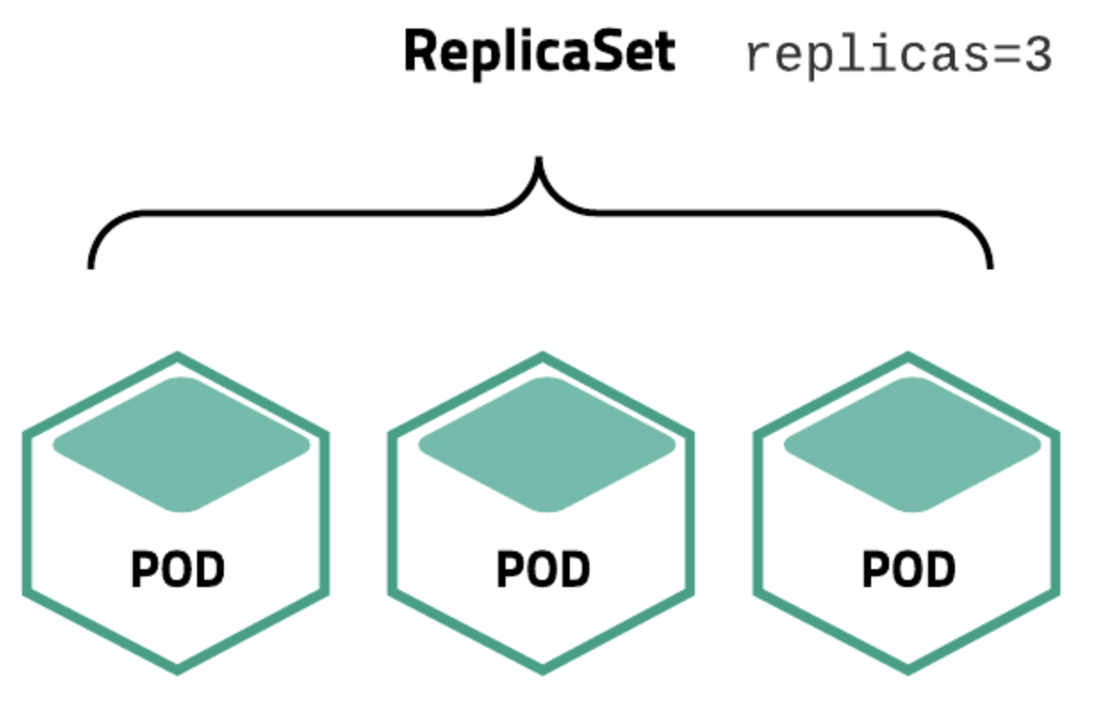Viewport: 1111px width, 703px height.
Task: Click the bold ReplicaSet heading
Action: [x=539, y=53]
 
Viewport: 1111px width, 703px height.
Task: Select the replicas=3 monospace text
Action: [x=899, y=56]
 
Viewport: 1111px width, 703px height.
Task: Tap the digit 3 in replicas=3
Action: [x=1038, y=56]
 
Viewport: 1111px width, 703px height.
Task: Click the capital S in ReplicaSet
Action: [x=615, y=53]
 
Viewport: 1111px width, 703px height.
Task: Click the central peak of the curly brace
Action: [x=539, y=162]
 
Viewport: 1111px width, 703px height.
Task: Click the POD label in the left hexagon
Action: [x=177, y=570]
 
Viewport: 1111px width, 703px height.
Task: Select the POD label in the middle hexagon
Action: [x=542, y=570]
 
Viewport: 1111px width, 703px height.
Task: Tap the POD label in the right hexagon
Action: [x=908, y=570]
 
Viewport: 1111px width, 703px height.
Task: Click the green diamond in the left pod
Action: [x=181, y=444]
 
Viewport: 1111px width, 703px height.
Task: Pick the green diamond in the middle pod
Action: [x=546, y=444]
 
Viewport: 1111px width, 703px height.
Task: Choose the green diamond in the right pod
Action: [x=911, y=444]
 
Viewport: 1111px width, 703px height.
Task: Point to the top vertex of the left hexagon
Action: [x=177, y=357]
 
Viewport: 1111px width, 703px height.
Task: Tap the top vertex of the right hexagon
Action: [x=908, y=357]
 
